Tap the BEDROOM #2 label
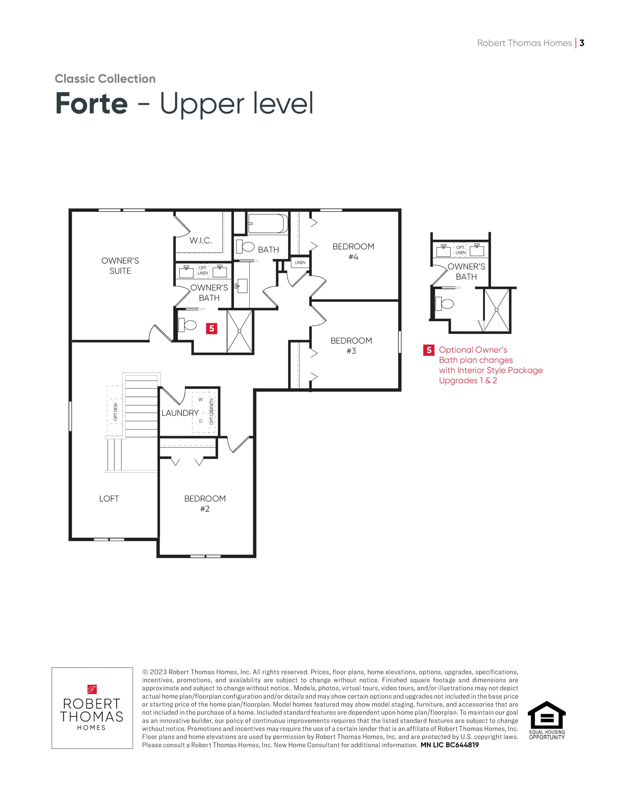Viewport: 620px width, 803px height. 205,504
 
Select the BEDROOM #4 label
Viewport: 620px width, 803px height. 353,252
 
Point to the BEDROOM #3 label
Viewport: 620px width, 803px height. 351,346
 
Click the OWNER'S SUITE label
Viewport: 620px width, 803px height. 120,265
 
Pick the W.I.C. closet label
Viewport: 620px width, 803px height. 201,241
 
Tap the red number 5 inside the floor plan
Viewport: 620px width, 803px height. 212,328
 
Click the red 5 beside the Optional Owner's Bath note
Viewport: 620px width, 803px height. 428,350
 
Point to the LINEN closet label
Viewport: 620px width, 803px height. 300,263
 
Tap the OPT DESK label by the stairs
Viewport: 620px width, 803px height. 115,412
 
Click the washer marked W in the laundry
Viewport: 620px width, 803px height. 200,399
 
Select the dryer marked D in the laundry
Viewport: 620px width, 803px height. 201,421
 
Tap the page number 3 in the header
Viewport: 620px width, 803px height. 582,43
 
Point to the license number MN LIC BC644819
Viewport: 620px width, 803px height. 450,745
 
